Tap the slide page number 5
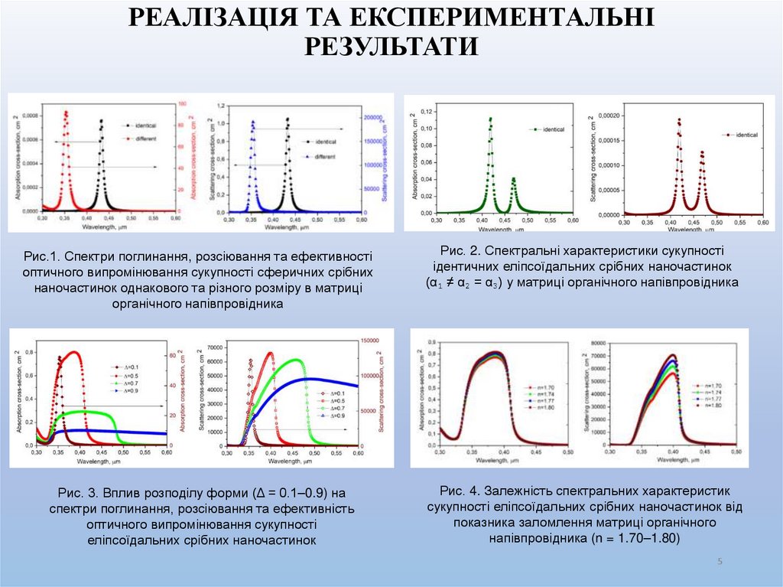tap(720, 563)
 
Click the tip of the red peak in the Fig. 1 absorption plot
tap(66, 112)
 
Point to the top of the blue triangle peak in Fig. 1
tap(252, 121)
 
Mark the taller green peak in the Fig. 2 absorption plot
tap(490, 119)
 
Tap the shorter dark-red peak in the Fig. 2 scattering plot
tap(701, 152)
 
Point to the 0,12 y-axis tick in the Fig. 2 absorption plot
tap(426, 113)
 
